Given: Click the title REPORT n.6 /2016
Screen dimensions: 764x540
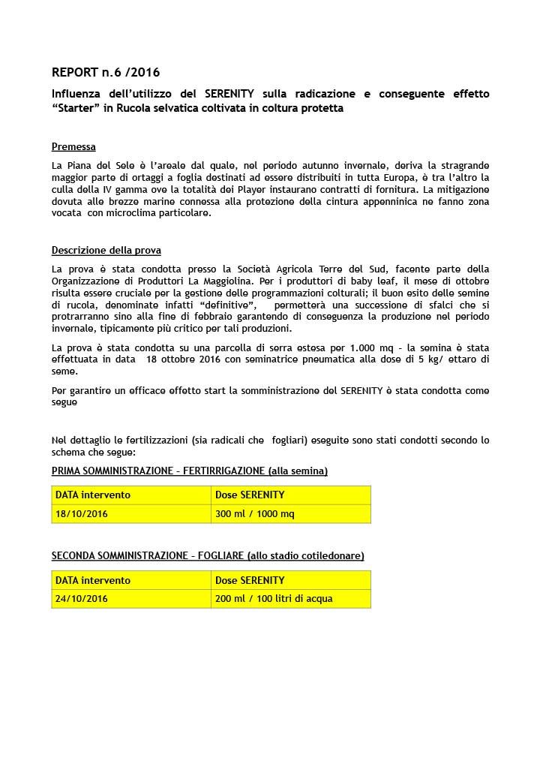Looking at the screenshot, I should click(105, 73).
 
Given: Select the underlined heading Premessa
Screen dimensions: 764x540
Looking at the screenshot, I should click(73, 147).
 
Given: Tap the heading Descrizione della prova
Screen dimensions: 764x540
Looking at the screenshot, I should click(106, 251).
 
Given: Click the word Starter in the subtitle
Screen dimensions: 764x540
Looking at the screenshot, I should click(79, 109).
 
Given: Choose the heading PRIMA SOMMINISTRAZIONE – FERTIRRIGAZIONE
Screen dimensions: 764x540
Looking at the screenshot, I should click(189, 471).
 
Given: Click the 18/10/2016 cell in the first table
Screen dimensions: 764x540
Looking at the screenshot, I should click(81, 514).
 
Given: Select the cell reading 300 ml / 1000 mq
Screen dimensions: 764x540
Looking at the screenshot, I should click(254, 514).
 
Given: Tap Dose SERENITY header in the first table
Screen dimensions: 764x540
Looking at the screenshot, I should click(250, 495).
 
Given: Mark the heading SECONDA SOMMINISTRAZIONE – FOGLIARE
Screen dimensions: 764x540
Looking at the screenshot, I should click(208, 556).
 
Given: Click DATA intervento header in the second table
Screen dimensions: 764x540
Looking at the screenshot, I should click(92, 580).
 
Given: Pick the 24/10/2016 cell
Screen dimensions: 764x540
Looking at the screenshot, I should click(81, 599).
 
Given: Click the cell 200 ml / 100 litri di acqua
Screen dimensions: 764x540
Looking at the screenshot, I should click(273, 599).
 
